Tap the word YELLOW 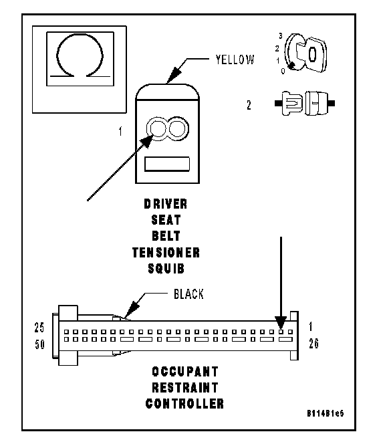[235, 60]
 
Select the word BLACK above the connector [188, 294]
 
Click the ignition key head [312, 54]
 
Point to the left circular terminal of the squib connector [156, 128]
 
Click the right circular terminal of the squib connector [178, 128]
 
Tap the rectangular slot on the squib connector [167, 164]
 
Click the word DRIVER [166, 204]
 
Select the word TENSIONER [166, 253]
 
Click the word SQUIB [166, 269]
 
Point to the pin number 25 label [39, 328]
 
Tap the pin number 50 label [39, 344]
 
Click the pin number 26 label [313, 344]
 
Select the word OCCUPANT [185, 372]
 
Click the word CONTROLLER [184, 404]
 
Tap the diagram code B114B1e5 [326, 413]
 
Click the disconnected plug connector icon [305, 103]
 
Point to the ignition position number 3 [281, 36]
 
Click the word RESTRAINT [185, 388]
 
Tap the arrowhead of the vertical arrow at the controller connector [281, 323]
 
